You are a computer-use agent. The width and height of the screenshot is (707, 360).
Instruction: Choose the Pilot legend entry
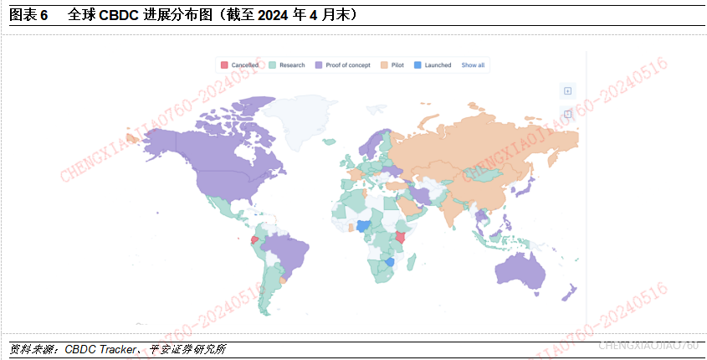(397, 64)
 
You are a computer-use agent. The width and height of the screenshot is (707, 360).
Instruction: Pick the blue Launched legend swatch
(418, 64)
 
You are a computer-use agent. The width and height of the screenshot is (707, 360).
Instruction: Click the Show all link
(473, 64)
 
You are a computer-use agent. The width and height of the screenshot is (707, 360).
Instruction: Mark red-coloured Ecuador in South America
(254, 239)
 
